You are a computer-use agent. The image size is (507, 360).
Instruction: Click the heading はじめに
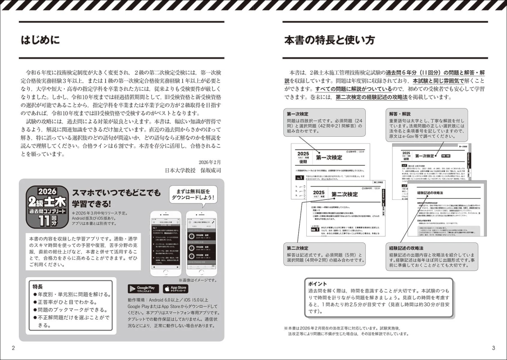pos(40,40)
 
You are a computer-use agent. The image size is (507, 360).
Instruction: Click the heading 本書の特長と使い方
pos(329,40)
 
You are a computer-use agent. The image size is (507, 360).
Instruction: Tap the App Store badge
pos(175,288)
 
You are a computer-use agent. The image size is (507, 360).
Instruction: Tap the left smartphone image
pos(166,243)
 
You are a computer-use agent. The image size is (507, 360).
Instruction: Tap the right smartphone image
pos(202,243)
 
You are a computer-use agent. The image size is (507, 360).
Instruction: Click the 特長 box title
pos(38,286)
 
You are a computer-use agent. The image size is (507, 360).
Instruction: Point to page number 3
pos(493,348)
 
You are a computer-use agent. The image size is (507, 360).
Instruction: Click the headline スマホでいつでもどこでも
pos(116,193)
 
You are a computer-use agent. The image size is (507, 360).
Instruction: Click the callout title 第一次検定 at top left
pos(297,114)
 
